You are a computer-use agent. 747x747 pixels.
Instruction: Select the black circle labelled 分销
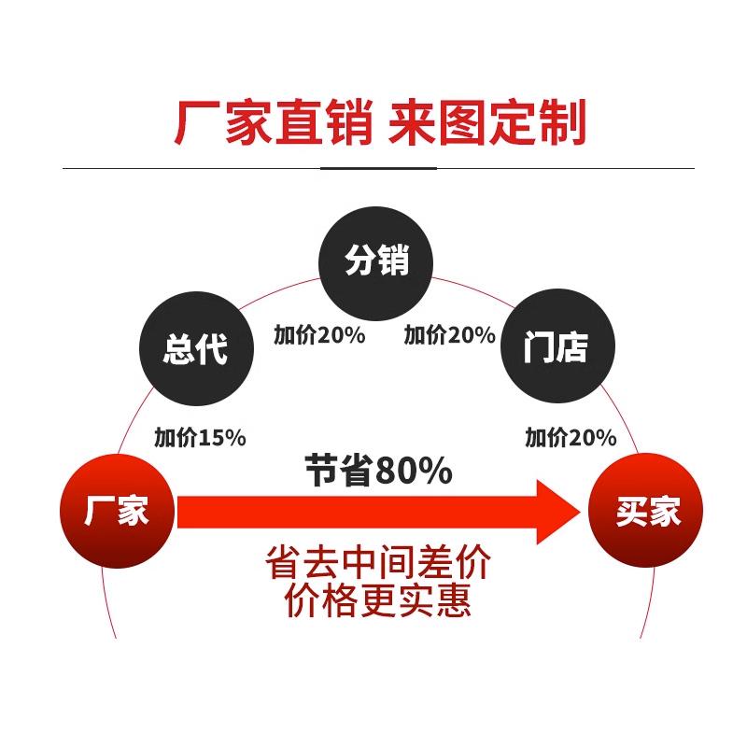click(x=377, y=261)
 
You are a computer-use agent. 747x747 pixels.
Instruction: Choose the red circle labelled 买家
click(x=648, y=512)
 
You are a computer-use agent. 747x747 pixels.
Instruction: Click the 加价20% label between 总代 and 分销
click(x=319, y=334)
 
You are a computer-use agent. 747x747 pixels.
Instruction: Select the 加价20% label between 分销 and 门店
click(x=449, y=334)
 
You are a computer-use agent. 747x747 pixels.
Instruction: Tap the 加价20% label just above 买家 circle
click(x=571, y=436)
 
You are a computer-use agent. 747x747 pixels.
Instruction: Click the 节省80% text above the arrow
click(x=378, y=472)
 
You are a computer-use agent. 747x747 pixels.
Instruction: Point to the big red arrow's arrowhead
click(x=558, y=512)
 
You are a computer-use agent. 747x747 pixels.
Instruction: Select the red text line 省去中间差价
click(x=377, y=565)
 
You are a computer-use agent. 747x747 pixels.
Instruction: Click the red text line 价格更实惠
click(x=377, y=599)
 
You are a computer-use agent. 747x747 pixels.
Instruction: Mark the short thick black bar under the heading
click(x=378, y=168)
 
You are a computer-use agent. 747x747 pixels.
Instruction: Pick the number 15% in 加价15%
click(x=221, y=436)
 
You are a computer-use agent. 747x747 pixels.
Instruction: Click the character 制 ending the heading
click(x=562, y=123)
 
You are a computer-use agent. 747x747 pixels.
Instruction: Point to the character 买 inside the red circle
click(x=630, y=512)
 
